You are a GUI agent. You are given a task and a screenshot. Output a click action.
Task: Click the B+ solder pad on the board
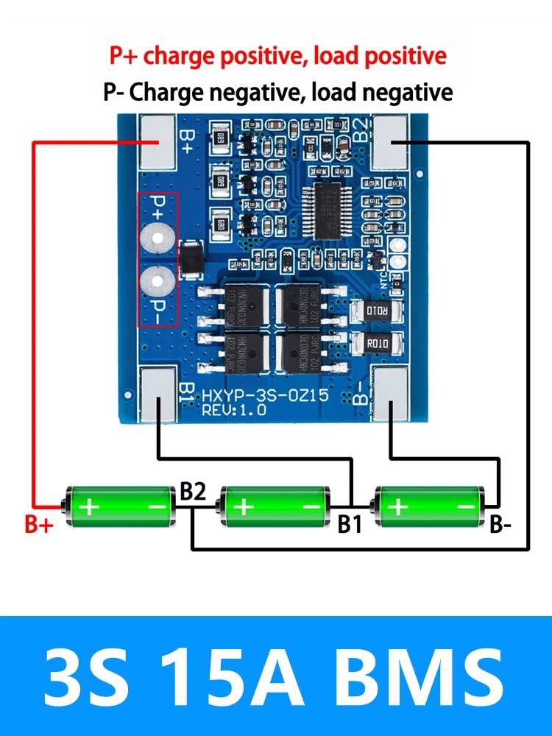coord(158,142)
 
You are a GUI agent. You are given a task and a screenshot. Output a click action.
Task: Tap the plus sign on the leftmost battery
coord(89,506)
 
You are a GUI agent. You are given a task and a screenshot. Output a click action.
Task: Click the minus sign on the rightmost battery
coord(467,506)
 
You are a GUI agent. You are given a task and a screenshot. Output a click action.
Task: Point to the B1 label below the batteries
coord(350,525)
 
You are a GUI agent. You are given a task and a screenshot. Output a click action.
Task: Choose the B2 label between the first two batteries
coord(193,492)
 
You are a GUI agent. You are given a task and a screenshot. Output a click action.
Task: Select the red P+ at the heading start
coord(124,55)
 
